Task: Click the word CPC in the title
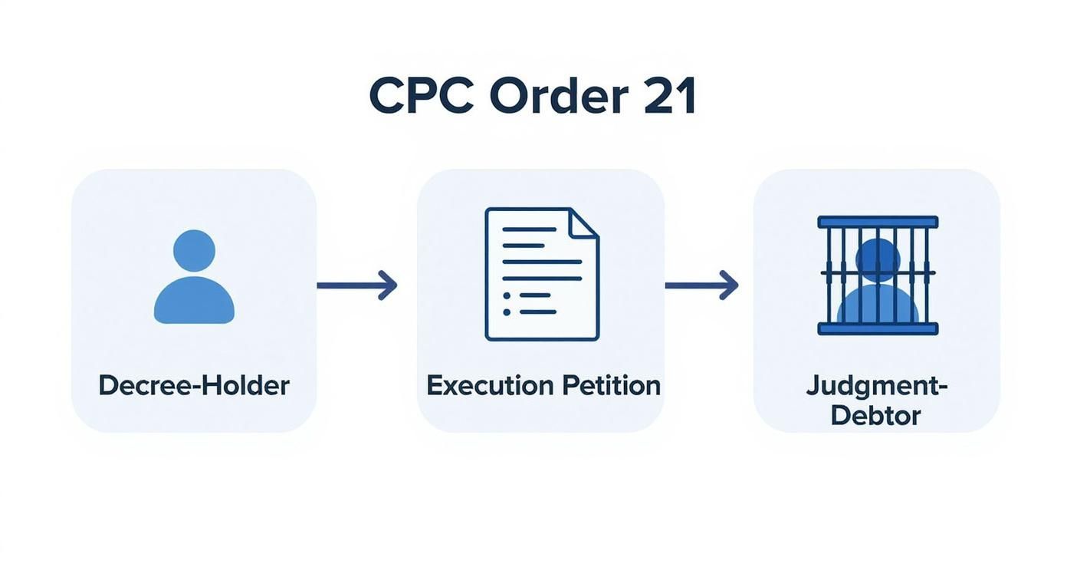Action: click(x=419, y=96)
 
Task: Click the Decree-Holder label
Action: click(x=194, y=384)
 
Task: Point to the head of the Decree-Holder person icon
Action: click(x=194, y=250)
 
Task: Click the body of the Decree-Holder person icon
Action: click(x=194, y=301)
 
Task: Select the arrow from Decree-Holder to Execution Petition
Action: click(x=356, y=285)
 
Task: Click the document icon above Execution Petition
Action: click(x=541, y=274)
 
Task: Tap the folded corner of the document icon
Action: click(x=584, y=222)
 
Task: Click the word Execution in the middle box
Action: click(x=491, y=384)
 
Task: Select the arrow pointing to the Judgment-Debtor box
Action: click(x=701, y=285)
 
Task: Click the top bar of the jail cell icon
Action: click(x=878, y=222)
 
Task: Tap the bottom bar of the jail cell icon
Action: click(x=878, y=328)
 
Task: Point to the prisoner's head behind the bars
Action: click(x=878, y=259)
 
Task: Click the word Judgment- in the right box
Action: click(x=877, y=385)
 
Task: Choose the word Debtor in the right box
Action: click(x=875, y=415)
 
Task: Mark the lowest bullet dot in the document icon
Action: click(x=506, y=312)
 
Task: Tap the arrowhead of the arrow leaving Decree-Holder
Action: click(x=389, y=285)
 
